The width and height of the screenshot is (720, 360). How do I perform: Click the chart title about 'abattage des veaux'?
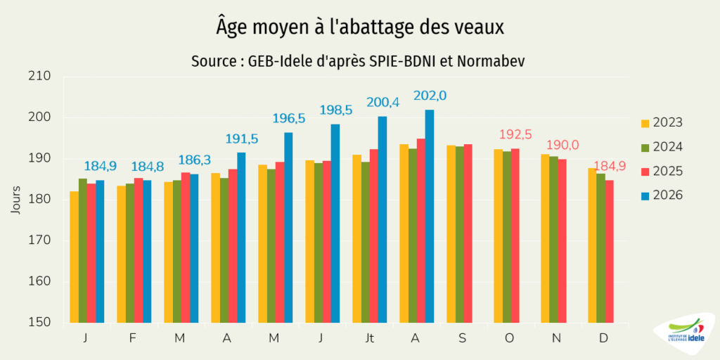click(x=360, y=27)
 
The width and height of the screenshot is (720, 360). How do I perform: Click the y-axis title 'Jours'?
click(x=16, y=200)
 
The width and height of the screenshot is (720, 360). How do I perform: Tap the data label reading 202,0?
click(x=430, y=96)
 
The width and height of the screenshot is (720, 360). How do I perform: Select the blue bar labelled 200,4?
click(x=382, y=219)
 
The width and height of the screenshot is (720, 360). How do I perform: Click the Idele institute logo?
click(x=686, y=335)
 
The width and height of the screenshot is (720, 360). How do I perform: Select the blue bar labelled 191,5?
click(x=241, y=238)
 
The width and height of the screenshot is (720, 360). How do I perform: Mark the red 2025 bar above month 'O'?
click(x=515, y=236)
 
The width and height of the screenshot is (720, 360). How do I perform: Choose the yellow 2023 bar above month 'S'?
click(x=451, y=234)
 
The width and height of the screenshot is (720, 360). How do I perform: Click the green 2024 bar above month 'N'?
click(x=555, y=240)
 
